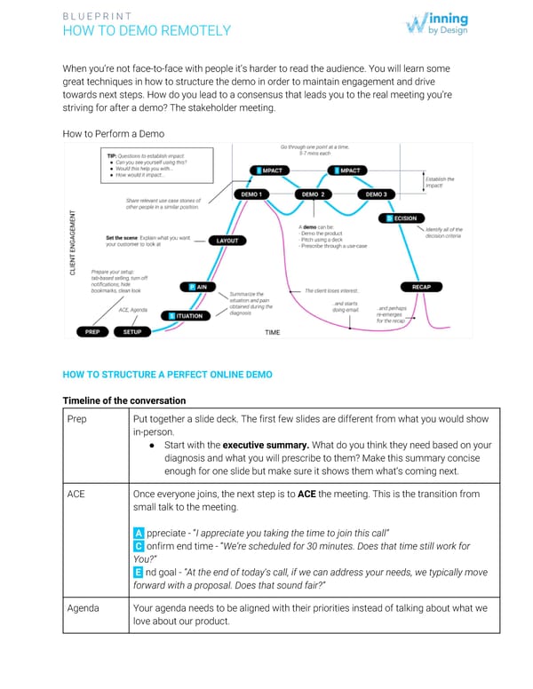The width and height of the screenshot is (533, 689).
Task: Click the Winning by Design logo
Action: pyautogui.click(x=436, y=24)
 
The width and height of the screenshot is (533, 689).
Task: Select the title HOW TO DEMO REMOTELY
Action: pyautogui.click(x=147, y=31)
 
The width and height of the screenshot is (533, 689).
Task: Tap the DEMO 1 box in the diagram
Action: pyautogui.click(x=251, y=194)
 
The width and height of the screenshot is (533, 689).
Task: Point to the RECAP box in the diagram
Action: pyautogui.click(x=422, y=287)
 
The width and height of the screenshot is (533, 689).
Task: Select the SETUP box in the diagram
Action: pyautogui.click(x=132, y=332)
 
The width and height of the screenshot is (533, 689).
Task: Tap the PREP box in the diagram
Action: pyautogui.click(x=90, y=332)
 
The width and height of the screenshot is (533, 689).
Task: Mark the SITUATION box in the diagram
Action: pyautogui.click(x=187, y=315)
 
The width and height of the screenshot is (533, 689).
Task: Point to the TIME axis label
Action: pyautogui.click(x=273, y=333)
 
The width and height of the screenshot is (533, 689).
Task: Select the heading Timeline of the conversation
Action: pyautogui.click(x=123, y=400)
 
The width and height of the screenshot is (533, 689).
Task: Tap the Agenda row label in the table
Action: pyautogui.click(x=84, y=608)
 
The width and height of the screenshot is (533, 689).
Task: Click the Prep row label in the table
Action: pyautogui.click(x=77, y=418)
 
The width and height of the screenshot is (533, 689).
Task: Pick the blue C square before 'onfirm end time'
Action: pyautogui.click(x=138, y=546)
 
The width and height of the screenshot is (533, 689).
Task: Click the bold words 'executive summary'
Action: pyautogui.click(x=260, y=445)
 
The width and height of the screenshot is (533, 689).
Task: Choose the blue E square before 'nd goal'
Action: pyautogui.click(x=138, y=573)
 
